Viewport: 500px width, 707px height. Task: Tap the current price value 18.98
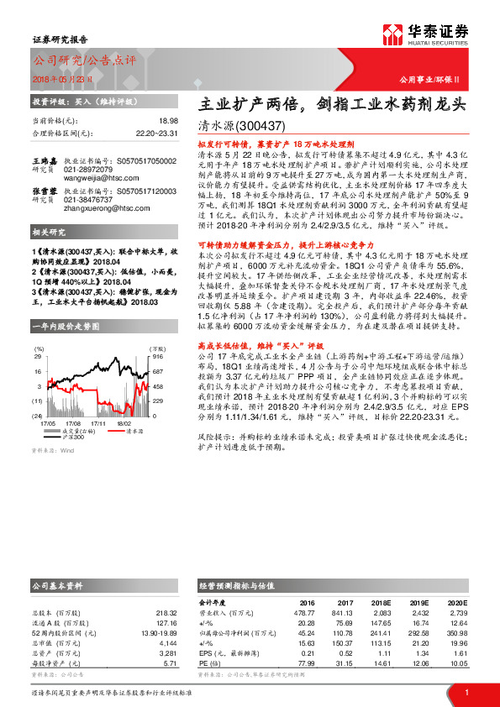(x=168, y=121)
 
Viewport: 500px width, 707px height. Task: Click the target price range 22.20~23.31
(x=156, y=133)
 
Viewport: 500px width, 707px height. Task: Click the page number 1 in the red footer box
(x=466, y=691)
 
